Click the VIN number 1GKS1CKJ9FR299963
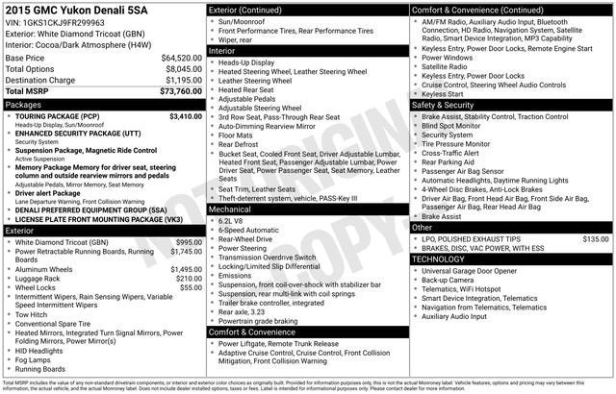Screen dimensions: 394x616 point(65,22)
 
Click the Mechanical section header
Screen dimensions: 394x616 point(231,208)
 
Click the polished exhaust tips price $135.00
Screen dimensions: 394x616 point(595,237)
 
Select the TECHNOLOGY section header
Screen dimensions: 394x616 point(444,259)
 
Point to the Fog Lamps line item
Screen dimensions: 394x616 point(35,359)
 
